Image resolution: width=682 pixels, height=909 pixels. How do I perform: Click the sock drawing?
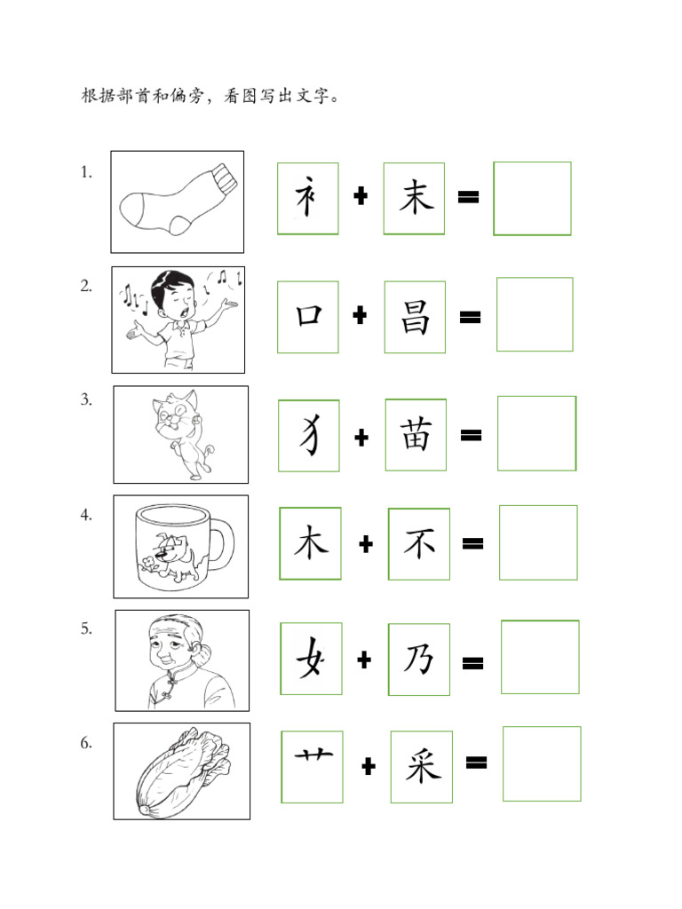(x=178, y=200)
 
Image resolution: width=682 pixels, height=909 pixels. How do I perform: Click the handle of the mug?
(x=223, y=546)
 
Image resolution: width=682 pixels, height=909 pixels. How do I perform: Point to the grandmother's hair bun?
(x=203, y=654)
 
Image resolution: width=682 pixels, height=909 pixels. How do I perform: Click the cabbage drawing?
(x=183, y=771)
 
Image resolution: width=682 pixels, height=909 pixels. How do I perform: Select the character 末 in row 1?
(x=416, y=197)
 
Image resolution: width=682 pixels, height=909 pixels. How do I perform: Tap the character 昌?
(x=416, y=317)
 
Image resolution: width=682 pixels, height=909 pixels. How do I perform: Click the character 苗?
(x=416, y=435)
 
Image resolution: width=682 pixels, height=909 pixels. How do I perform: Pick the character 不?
(x=419, y=544)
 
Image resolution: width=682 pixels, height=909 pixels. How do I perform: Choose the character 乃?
(x=419, y=660)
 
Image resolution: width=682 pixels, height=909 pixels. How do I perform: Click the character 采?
(x=422, y=766)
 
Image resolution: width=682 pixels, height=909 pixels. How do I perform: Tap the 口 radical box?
(x=308, y=317)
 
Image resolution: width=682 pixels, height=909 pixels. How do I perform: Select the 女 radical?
(x=310, y=658)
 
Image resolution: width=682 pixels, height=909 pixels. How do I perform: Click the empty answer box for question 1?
(x=533, y=199)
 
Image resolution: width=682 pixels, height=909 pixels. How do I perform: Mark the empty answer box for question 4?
(x=538, y=542)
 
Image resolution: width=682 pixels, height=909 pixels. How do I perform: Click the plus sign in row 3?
(x=361, y=437)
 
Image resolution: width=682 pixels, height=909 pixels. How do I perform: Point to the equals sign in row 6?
(x=476, y=763)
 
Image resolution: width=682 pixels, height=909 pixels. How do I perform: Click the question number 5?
(x=86, y=628)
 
